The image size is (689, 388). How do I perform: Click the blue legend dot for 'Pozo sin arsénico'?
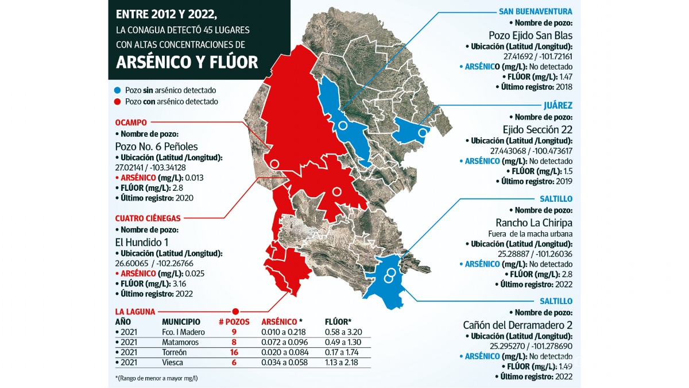pos(117,90)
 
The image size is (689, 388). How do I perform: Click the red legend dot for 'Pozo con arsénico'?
pos(117,101)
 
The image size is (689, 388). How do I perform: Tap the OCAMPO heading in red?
pos(131,122)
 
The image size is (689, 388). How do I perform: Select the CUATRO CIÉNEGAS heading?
pos(148,218)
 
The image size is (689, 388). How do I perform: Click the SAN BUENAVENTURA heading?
pos(535,11)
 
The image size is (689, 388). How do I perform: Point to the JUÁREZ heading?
pos(558,105)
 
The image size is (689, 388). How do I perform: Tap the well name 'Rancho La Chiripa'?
pos(534,222)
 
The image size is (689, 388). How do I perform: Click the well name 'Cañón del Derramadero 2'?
pos(517,324)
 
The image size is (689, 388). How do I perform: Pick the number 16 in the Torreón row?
pos(234,352)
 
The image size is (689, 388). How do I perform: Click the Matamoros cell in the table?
pos(180,342)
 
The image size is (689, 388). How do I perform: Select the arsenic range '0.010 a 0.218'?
pos(283,332)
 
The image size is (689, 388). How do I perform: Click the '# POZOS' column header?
pos(234,322)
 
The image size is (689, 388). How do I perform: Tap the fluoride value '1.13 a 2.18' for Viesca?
pos(343,362)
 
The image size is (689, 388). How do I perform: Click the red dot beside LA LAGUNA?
pos(235,312)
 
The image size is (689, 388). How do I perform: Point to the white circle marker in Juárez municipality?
pos(423,133)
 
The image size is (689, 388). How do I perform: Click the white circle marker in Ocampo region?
pos(274,164)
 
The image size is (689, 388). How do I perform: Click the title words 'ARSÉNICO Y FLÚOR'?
pos(187,62)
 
